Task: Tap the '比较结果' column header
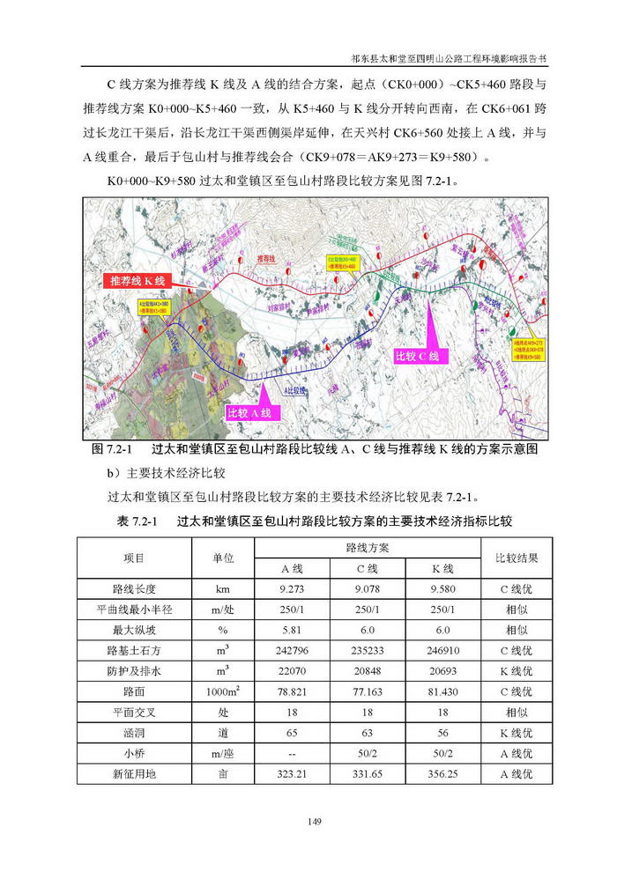[x=517, y=558]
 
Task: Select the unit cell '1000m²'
[x=223, y=692]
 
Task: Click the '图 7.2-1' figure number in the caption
[x=112, y=449]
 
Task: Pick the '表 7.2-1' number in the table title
[x=137, y=521]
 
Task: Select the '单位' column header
[x=223, y=558]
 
